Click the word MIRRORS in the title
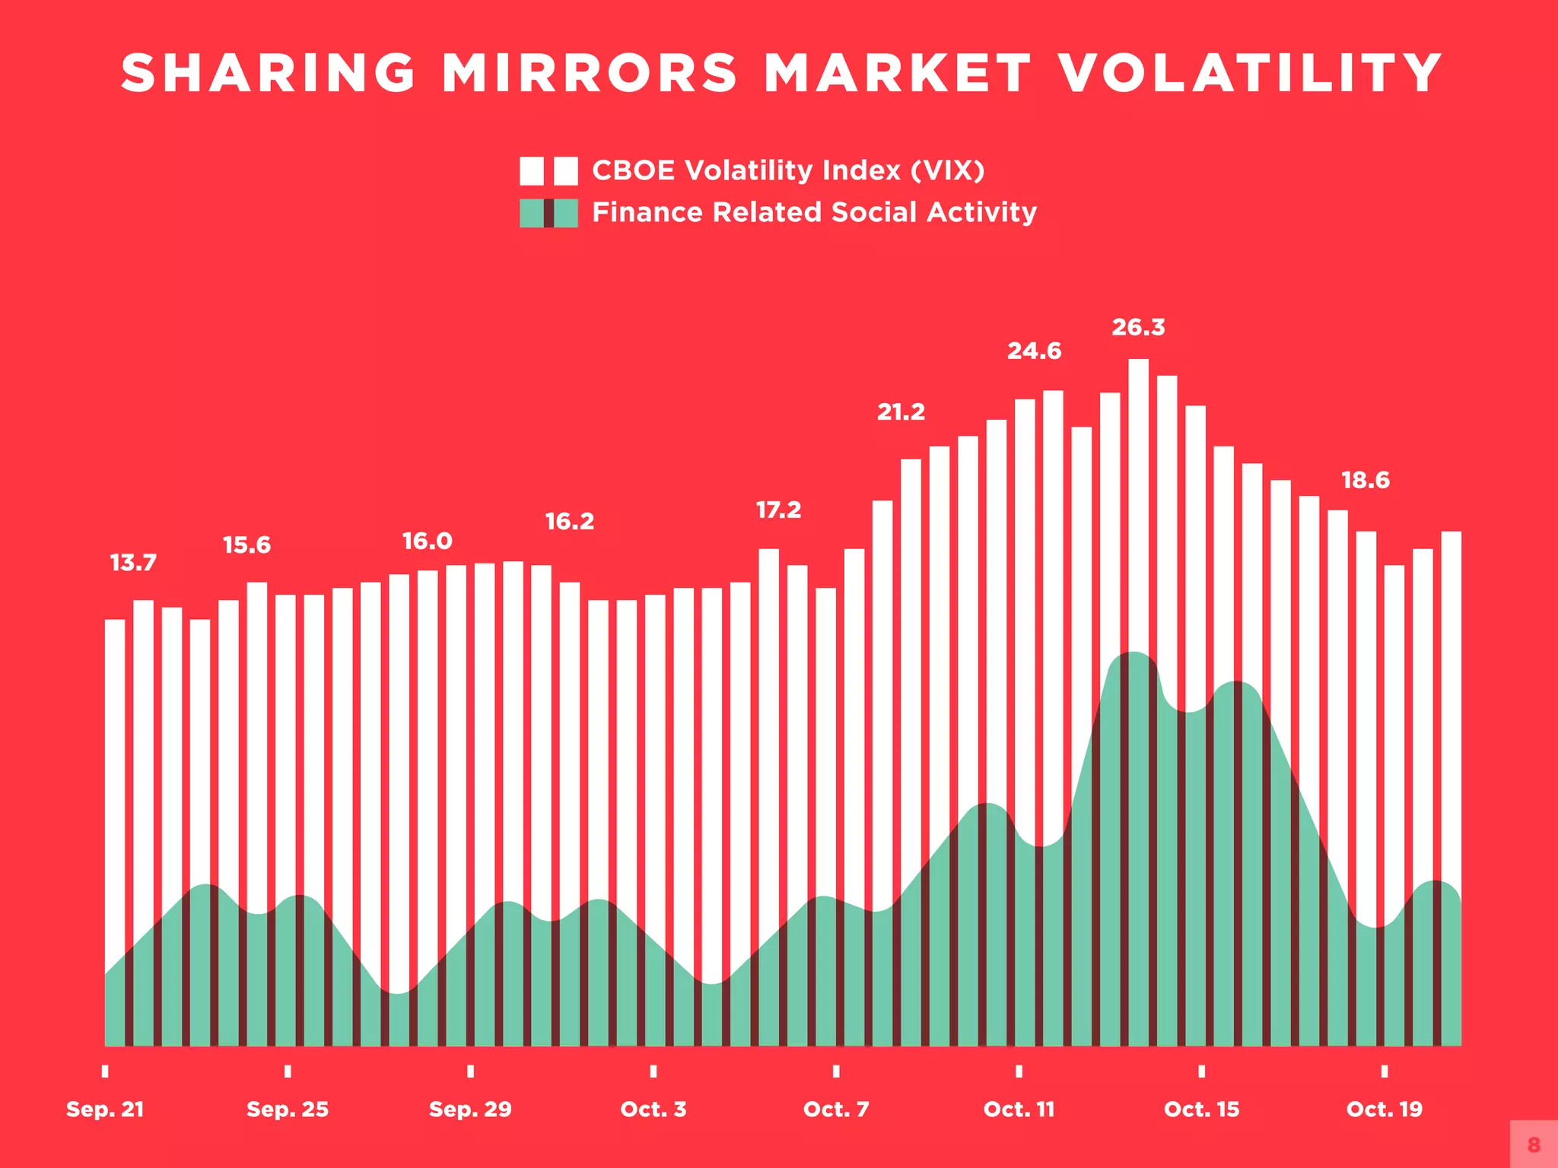pyautogui.click(x=590, y=74)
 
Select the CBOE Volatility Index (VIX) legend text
pyautogui.click(x=788, y=170)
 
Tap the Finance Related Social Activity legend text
pyautogui.click(x=814, y=212)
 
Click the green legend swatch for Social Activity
pyautogui.click(x=548, y=213)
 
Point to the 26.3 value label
pyautogui.click(x=1138, y=328)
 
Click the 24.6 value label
pyautogui.click(x=1034, y=351)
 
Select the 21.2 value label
pyautogui.click(x=901, y=412)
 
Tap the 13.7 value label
pyautogui.click(x=133, y=563)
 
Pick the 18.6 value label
pyautogui.click(x=1365, y=481)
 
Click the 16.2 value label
pyautogui.click(x=569, y=522)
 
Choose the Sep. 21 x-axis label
pyautogui.click(x=105, y=1109)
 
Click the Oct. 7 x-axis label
pyautogui.click(x=836, y=1109)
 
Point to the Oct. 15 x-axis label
pyautogui.click(x=1201, y=1109)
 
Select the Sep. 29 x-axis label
pyautogui.click(x=470, y=1109)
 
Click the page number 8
pyautogui.click(x=1534, y=1144)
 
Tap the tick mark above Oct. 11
pyautogui.click(x=1019, y=1071)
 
